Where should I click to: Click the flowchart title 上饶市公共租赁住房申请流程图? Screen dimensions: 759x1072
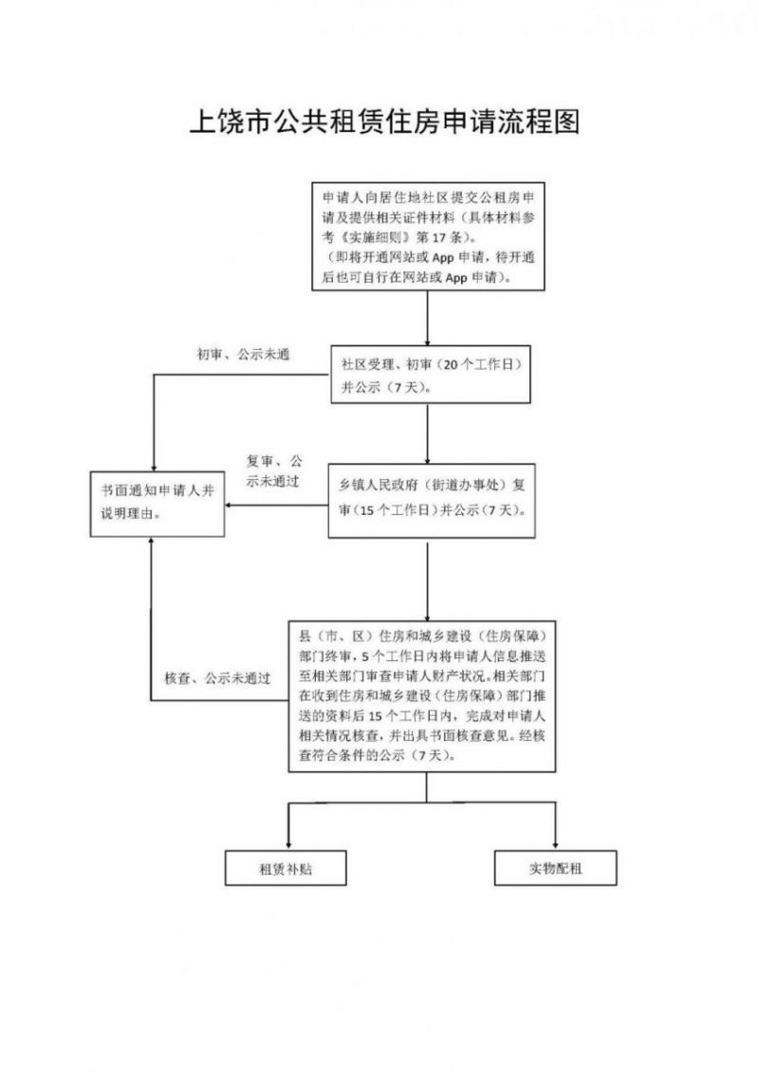point(384,121)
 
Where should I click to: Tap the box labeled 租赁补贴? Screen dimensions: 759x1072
point(286,868)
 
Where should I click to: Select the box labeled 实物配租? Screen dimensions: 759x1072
point(555,868)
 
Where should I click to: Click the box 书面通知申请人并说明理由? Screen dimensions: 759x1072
point(157,504)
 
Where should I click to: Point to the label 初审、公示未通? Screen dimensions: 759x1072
point(244,354)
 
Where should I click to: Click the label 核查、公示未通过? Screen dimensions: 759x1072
point(217,678)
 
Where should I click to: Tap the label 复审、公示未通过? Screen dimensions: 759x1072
point(273,471)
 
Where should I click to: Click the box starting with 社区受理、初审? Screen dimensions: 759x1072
point(431,375)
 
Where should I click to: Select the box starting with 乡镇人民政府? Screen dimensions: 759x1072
point(432,501)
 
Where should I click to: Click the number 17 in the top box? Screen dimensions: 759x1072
point(439,238)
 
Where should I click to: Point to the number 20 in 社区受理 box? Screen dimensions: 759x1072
point(451,364)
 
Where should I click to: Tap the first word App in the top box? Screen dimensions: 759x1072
point(443,258)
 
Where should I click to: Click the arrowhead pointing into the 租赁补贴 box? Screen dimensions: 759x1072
point(288,845)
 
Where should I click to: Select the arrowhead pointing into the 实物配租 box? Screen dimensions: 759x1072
point(555,845)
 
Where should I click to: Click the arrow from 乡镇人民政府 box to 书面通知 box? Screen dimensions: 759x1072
point(277,506)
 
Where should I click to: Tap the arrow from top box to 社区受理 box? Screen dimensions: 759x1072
point(428,318)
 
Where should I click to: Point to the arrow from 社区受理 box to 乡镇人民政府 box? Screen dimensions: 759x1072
point(428,434)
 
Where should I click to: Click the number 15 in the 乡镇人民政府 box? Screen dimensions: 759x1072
point(366,510)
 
